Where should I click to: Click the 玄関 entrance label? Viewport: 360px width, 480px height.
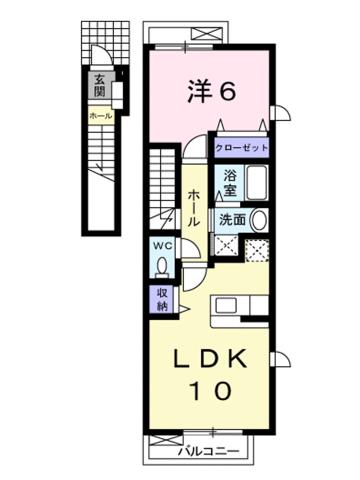(100, 87)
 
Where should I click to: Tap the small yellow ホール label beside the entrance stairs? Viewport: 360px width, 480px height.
(100, 117)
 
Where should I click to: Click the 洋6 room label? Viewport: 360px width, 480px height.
(211, 93)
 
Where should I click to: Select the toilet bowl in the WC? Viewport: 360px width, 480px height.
(162, 265)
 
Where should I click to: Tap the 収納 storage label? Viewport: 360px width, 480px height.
(162, 297)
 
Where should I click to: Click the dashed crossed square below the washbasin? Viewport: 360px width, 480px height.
(258, 250)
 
